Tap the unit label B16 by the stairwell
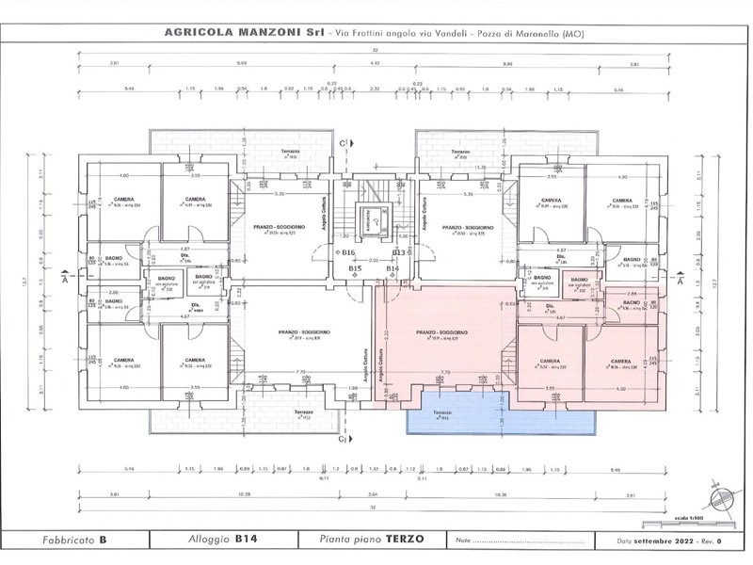pyautogui.click(x=347, y=253)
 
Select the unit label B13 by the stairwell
pyautogui.click(x=398, y=253)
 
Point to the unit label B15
pyautogui.click(x=356, y=269)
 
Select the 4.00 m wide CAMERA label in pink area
pyautogui.click(x=619, y=362)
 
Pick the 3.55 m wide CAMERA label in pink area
pyautogui.click(x=552, y=362)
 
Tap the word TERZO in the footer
pyautogui.click(x=405, y=540)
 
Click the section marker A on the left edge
pyautogui.click(x=64, y=280)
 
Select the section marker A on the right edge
pyautogui.click(x=679, y=280)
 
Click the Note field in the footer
pyautogui.click(x=527, y=540)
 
